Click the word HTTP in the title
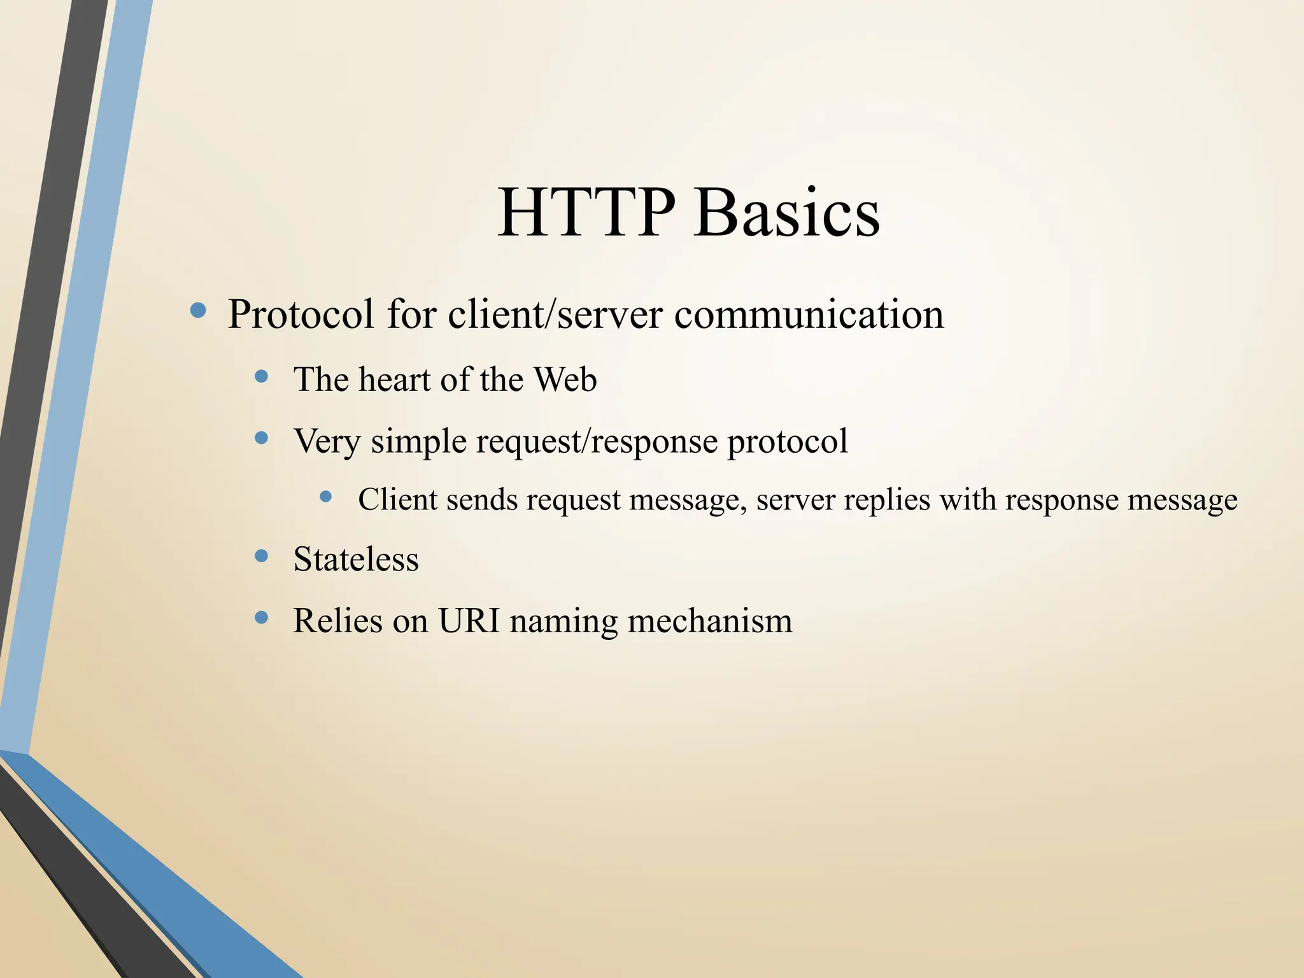pos(585,213)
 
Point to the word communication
pos(809,315)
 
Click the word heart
pos(394,380)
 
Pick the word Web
pos(565,380)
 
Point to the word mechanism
pos(710,621)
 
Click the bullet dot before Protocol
pos(199,311)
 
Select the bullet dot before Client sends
pos(326,496)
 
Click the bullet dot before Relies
pos(261,618)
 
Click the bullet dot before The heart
pos(261,376)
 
